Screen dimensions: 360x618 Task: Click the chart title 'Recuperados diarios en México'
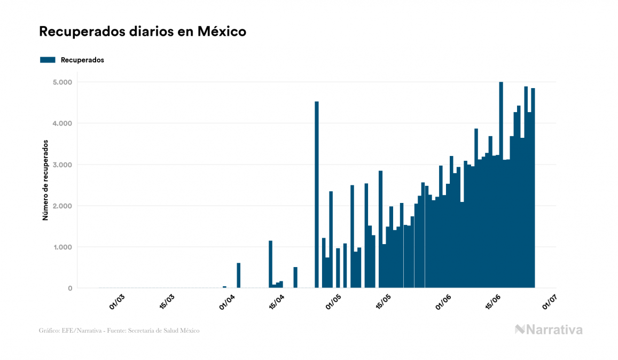(x=143, y=32)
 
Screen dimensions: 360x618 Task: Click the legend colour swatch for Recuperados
(x=48, y=60)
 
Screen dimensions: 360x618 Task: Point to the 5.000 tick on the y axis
(x=62, y=82)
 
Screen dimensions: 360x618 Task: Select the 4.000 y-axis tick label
(x=62, y=123)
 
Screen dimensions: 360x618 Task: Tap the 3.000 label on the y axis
(x=62, y=165)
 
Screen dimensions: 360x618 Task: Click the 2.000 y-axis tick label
(x=62, y=206)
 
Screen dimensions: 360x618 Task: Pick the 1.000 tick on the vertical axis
(x=62, y=247)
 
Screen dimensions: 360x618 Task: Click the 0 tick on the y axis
(x=69, y=288)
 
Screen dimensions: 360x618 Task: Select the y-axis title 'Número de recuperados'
(x=45, y=181)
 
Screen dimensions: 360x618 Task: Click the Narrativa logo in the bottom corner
(x=549, y=330)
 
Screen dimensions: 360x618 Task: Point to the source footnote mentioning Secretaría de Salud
(x=119, y=331)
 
